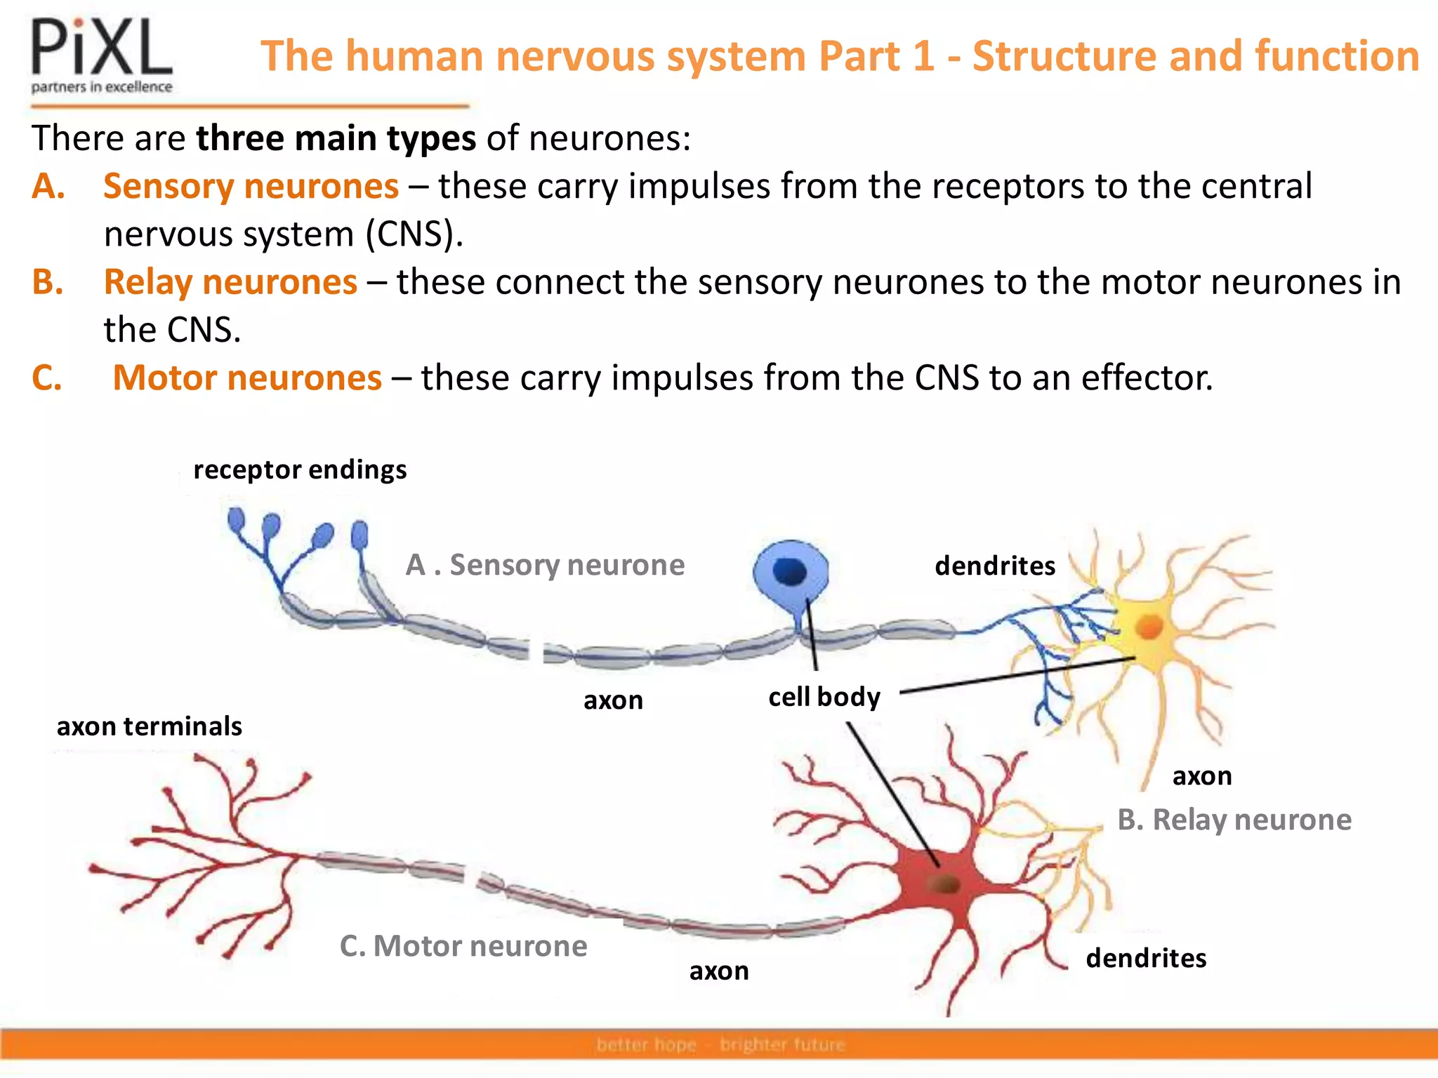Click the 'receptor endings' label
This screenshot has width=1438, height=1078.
pos(300,470)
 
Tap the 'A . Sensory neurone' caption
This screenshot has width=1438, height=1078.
pos(545,565)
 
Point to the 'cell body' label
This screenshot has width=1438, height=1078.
pos(824,697)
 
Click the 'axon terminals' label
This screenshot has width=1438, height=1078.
pos(149,726)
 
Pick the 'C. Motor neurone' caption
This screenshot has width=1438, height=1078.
pos(463,946)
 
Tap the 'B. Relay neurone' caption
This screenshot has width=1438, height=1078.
pos(1234,820)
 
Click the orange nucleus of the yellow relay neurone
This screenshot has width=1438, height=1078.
pos(1149,626)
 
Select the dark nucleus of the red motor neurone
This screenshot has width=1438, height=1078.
pos(945,884)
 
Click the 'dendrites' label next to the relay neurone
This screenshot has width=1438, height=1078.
pos(995,566)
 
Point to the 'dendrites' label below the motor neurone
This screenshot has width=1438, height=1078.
pos(1146,958)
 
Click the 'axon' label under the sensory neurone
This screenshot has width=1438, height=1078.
pos(613,700)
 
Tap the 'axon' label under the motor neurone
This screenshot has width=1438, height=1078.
pos(719,971)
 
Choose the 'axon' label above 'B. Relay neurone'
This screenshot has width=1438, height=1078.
pos(1202,776)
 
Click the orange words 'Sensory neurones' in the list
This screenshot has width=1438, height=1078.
pos(251,187)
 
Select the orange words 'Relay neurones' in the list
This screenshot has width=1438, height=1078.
pos(230,282)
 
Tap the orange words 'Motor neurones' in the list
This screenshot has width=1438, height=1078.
pos(247,378)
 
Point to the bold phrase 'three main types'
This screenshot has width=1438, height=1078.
pos(336,138)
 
